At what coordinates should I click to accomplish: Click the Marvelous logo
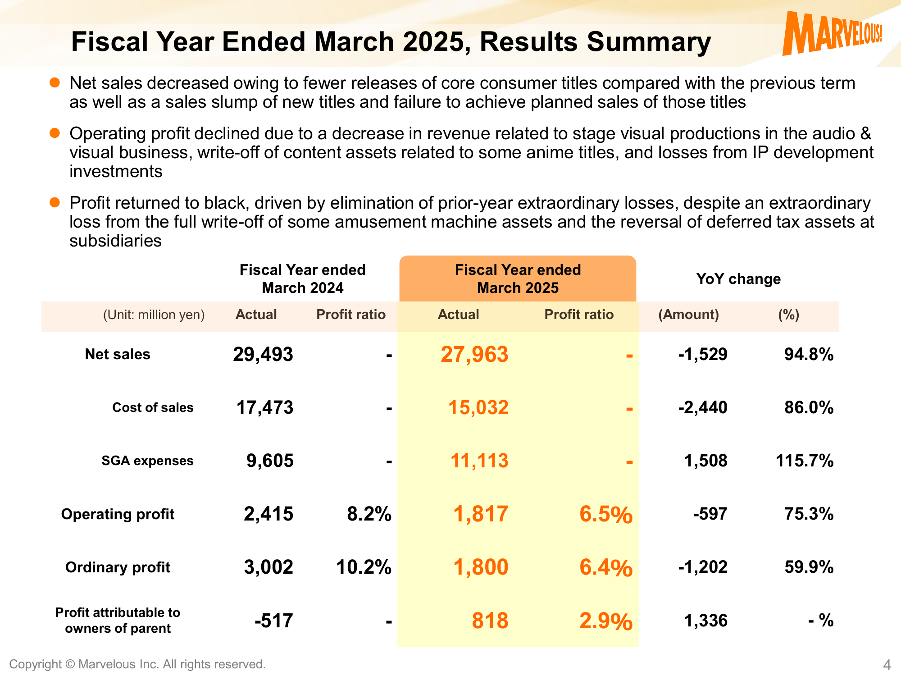click(x=832, y=33)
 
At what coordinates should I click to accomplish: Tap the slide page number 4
click(x=887, y=665)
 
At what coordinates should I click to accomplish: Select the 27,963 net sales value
click(x=474, y=355)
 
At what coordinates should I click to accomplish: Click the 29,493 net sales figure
click(x=263, y=355)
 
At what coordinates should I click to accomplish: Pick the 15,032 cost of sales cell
click(x=478, y=408)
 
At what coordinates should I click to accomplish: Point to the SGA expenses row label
click(x=147, y=461)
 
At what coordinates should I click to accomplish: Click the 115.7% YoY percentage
click(x=805, y=461)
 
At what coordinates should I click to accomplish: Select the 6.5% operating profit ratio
click(x=606, y=514)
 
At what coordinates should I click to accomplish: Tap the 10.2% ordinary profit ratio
click(x=364, y=567)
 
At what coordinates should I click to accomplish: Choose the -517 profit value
click(x=274, y=621)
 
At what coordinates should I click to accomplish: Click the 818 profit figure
click(x=490, y=621)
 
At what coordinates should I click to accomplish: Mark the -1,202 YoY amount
click(x=703, y=567)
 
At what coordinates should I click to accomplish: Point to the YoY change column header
click(x=738, y=279)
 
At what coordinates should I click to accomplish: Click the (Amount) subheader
click(x=688, y=315)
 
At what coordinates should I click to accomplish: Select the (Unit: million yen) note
click(x=154, y=315)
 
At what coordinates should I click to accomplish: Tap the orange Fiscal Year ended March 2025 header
click(x=518, y=279)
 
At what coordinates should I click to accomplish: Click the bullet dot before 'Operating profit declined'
click(x=55, y=133)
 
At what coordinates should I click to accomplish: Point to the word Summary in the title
click(x=649, y=42)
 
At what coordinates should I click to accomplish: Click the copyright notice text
click(x=137, y=664)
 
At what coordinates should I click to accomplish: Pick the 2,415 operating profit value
click(x=268, y=514)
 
